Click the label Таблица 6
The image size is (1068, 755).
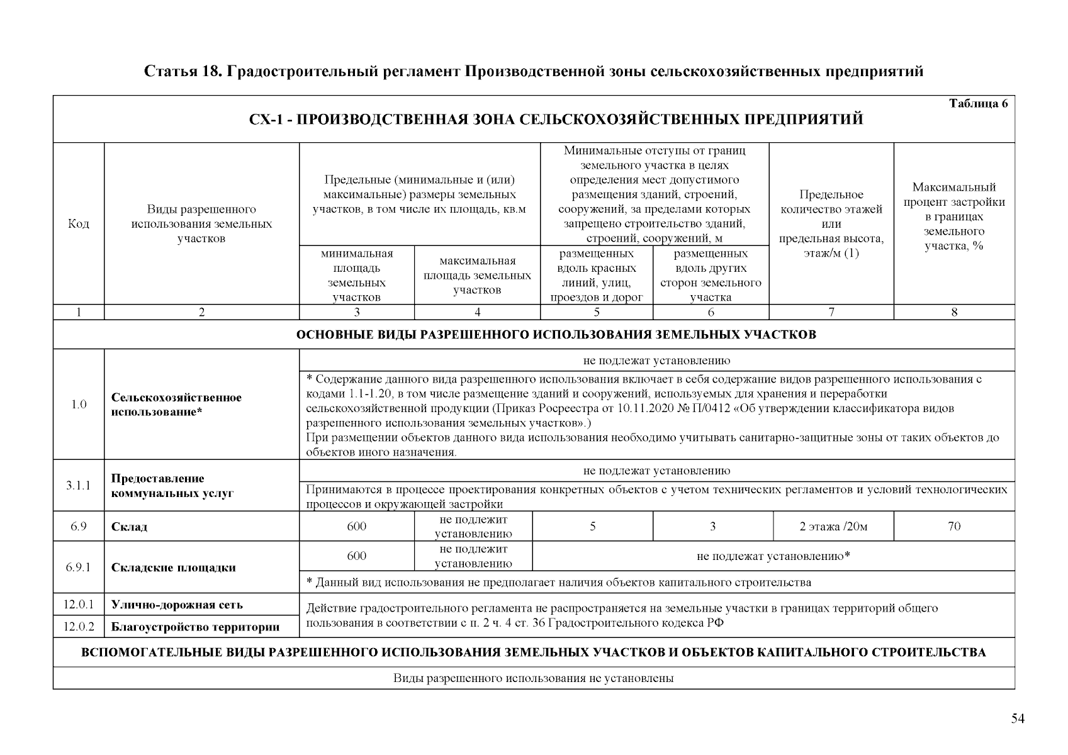click(x=977, y=104)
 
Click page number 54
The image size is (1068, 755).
click(x=1018, y=719)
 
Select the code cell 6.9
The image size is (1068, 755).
click(x=78, y=527)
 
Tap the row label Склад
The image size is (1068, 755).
click(x=129, y=527)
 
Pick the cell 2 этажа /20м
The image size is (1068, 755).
click(x=833, y=527)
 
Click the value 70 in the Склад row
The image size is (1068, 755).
click(x=953, y=527)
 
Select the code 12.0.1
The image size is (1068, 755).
click(x=78, y=605)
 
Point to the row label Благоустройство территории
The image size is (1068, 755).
click(x=195, y=627)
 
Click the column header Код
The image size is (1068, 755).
click(x=78, y=224)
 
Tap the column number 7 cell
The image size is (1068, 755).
click(x=831, y=312)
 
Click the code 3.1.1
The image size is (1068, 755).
click(x=78, y=485)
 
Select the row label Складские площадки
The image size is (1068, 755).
click(x=173, y=568)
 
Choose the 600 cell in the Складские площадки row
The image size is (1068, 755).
click(x=356, y=556)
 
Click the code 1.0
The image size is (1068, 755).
click(x=78, y=405)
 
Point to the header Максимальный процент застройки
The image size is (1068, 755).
click(x=953, y=216)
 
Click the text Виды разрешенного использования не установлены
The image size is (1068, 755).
click(x=533, y=678)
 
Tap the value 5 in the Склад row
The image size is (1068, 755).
click(x=592, y=527)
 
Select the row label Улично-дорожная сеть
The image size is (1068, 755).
click(x=177, y=605)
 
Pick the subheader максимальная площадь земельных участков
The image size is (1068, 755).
click(x=476, y=275)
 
